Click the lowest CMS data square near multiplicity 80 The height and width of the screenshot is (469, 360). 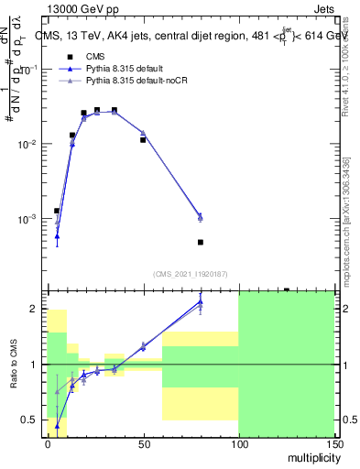tap(201, 242)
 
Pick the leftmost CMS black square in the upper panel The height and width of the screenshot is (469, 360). tap(57, 211)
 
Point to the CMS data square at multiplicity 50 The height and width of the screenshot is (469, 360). tap(143, 140)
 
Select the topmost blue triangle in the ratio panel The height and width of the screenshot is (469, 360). tap(201, 301)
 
